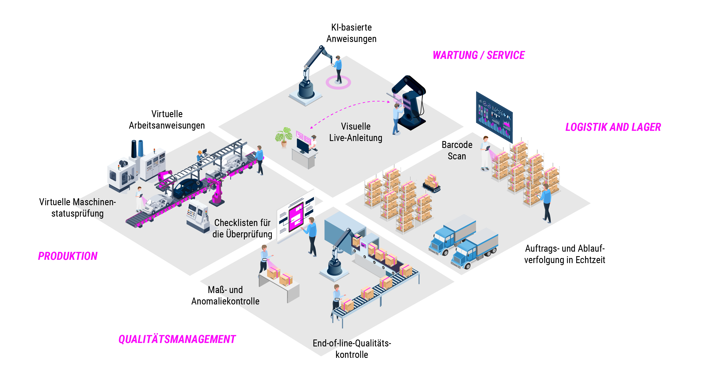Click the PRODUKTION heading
[68, 256]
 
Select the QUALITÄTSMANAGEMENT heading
[177, 339]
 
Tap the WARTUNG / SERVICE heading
[478, 55]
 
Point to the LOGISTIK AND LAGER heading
[613, 127]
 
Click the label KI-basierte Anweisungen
[351, 33]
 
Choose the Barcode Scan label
[457, 150]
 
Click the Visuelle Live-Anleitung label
[356, 132]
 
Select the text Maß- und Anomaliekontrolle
[225, 295]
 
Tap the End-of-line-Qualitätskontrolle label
[352, 349]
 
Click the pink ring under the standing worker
[338, 83]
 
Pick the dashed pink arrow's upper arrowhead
[388, 102]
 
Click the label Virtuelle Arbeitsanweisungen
[167, 120]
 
